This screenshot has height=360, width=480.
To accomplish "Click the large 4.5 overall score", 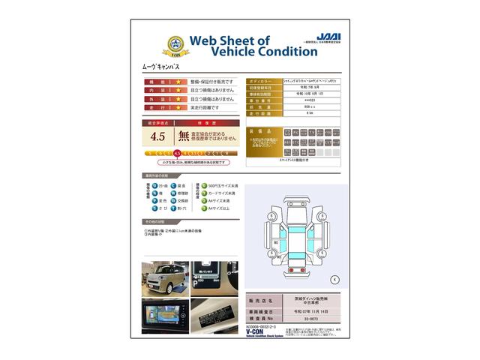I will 158,136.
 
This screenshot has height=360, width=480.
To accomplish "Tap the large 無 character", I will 184,136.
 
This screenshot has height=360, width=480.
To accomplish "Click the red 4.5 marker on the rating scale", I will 178,153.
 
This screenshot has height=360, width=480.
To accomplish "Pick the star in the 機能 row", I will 179,81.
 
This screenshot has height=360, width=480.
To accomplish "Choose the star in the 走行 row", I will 179,108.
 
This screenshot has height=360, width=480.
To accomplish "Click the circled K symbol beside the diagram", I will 334,279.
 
